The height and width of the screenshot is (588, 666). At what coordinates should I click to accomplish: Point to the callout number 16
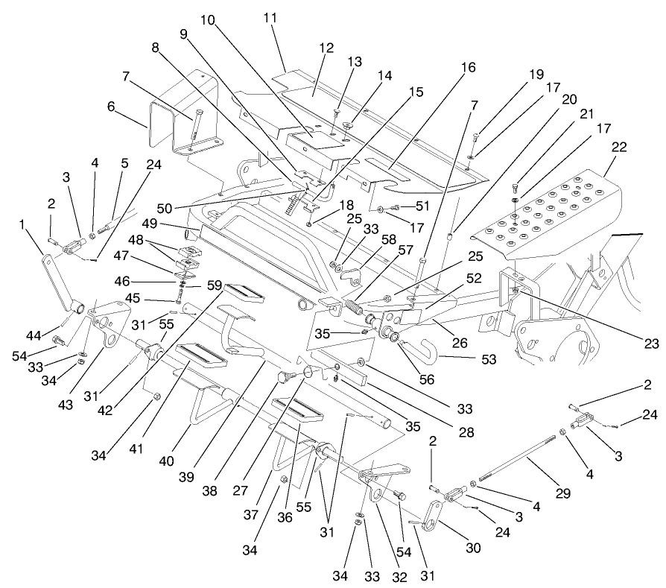click(467, 67)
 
